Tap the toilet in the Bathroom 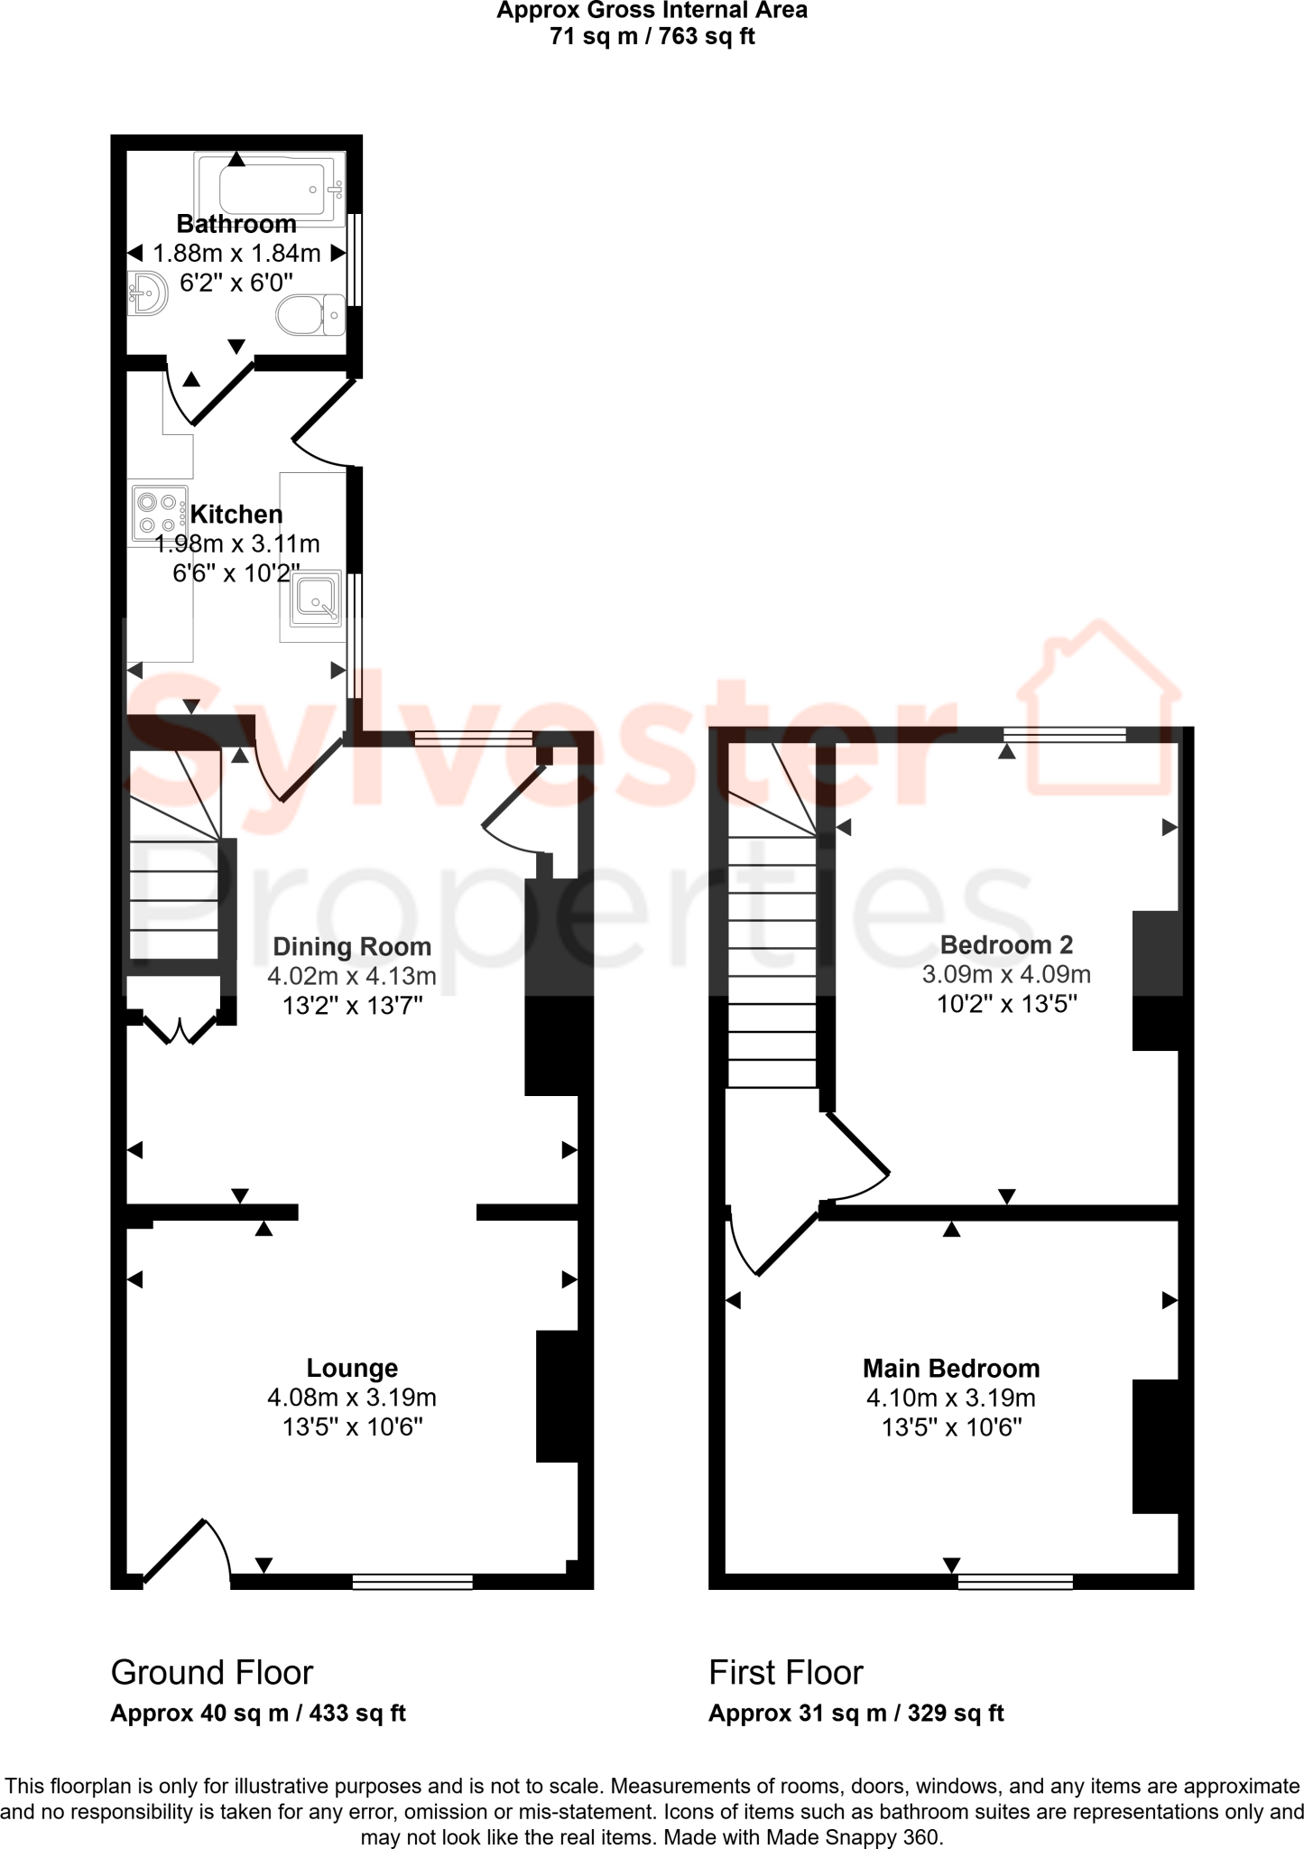click(x=309, y=315)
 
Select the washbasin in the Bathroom click(x=148, y=293)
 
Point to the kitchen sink click(x=315, y=597)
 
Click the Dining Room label click(x=352, y=947)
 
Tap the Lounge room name click(x=352, y=1369)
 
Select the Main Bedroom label click(x=951, y=1369)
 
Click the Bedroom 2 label click(x=1006, y=945)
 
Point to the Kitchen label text click(x=236, y=515)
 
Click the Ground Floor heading click(x=212, y=1673)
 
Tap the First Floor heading click(x=786, y=1673)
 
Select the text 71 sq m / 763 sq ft click(x=652, y=37)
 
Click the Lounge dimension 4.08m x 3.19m click(x=352, y=1398)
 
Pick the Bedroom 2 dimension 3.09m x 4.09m click(x=1006, y=975)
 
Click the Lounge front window click(x=412, y=1582)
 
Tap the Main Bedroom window click(x=1015, y=1582)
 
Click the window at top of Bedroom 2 click(x=1065, y=735)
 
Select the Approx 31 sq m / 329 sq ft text click(x=855, y=1714)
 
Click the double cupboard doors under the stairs click(x=180, y=1029)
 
